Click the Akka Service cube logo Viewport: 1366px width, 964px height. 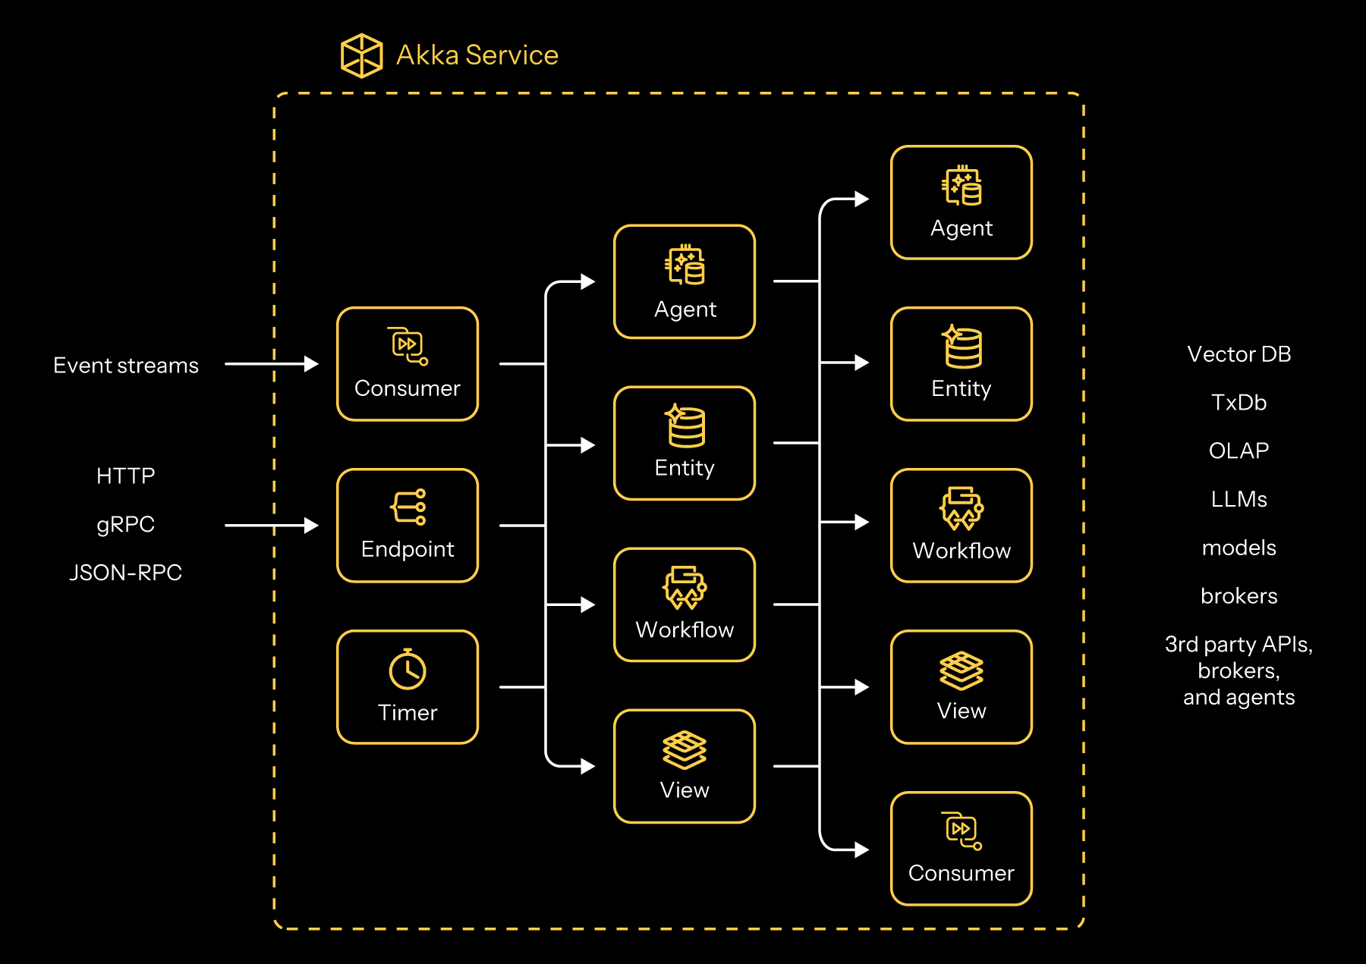point(361,55)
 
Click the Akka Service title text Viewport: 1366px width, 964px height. point(477,55)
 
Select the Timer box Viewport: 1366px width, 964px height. point(408,687)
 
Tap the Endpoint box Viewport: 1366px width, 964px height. point(408,526)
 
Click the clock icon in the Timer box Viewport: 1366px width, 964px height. point(408,670)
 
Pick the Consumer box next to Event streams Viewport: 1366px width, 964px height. point(408,364)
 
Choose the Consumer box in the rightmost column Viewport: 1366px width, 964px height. point(961,849)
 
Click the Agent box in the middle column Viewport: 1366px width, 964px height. point(685,281)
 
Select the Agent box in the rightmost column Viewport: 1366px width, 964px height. point(961,203)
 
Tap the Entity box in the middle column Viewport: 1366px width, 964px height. point(685,444)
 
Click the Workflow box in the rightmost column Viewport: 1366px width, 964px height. point(961,526)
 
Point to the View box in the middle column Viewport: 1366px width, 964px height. point(685,766)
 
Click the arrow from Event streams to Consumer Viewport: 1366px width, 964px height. point(271,364)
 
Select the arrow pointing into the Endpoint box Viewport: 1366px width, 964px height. point(271,525)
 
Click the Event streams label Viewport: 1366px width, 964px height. point(126,366)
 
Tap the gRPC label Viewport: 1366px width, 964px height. point(126,524)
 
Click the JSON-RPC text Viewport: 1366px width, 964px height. point(126,573)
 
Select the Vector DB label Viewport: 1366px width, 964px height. point(1239,354)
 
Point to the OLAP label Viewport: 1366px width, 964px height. point(1239,451)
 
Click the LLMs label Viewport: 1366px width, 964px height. point(1239,499)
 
